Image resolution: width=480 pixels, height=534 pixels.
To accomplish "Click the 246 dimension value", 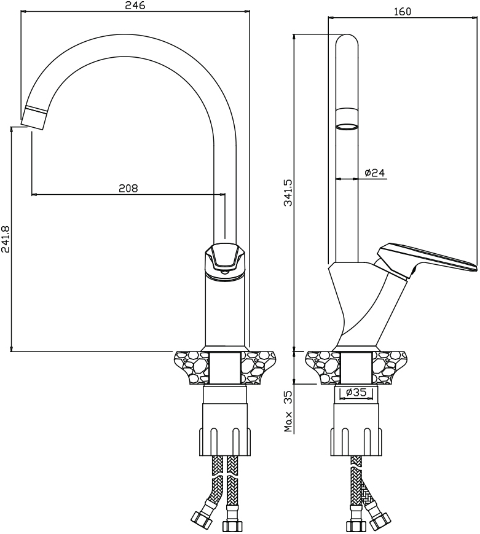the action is [135, 6].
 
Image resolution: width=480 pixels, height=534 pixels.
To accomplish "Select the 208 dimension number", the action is [128, 187].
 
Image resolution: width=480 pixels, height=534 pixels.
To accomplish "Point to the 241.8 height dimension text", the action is [6, 240].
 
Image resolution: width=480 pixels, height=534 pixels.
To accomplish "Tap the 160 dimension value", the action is [403, 12].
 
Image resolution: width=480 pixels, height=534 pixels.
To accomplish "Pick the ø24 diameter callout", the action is [374, 173].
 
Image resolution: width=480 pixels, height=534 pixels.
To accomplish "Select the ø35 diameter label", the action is [356, 392].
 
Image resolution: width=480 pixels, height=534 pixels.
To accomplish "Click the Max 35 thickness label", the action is [289, 411].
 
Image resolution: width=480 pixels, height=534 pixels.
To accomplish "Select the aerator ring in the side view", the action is [347, 127].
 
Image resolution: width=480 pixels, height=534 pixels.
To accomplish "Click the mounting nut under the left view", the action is [225, 441].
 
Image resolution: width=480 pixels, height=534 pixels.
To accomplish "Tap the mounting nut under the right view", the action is [356, 441].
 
